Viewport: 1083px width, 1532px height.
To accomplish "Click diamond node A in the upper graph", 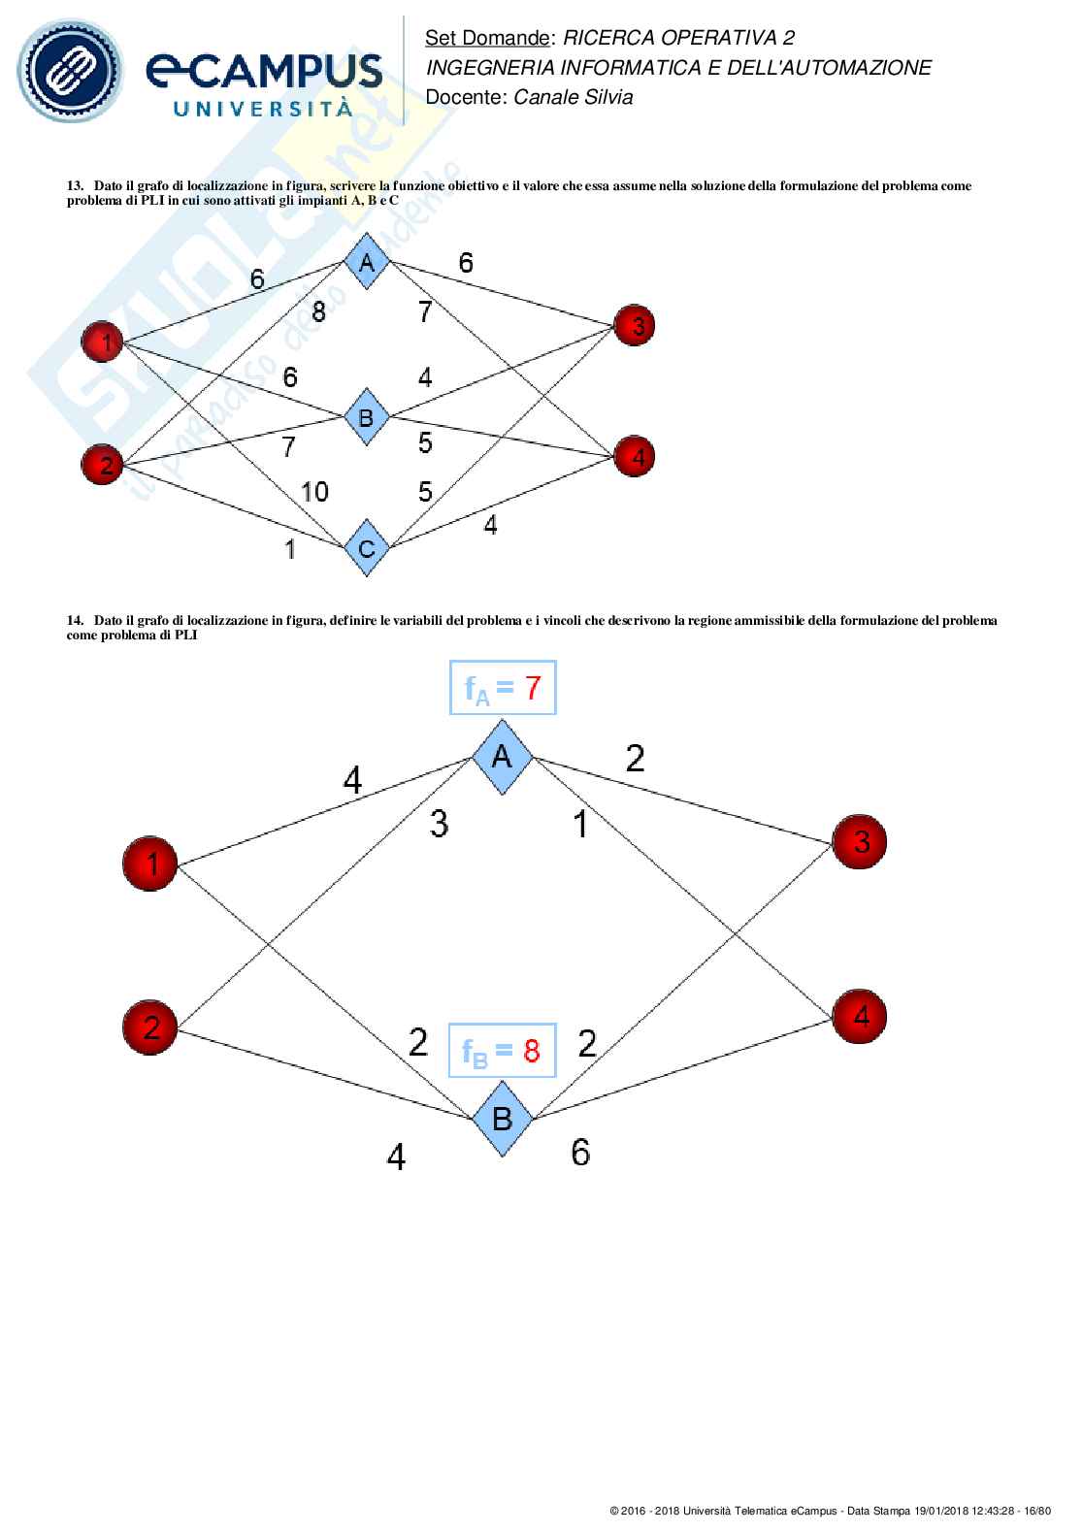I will [x=367, y=261].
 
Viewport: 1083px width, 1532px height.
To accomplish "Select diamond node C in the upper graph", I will [x=367, y=548].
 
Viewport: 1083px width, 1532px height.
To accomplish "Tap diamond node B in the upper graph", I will [x=367, y=417].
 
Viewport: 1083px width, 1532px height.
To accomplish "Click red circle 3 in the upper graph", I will [x=635, y=325].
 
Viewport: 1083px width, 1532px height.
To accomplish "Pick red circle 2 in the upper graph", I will [x=103, y=464].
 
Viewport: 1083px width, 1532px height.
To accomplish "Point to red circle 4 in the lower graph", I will [x=860, y=1016].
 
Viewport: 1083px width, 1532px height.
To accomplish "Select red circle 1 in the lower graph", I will [x=149, y=863].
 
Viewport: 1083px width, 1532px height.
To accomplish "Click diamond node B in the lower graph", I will [x=502, y=1119].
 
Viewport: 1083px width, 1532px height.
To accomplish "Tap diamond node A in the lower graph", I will [x=502, y=757].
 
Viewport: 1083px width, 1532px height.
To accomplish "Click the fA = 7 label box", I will [x=503, y=688].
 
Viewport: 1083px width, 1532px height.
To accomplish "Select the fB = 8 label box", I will [x=502, y=1050].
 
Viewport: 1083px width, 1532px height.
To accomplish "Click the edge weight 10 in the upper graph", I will [x=314, y=492].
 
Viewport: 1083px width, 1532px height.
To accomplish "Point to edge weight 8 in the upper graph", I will [x=318, y=312].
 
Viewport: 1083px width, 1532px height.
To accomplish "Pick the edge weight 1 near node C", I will [x=289, y=549].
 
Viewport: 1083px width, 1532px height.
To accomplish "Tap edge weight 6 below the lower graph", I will [x=580, y=1152].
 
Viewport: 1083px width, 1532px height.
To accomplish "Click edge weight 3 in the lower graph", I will [x=439, y=825].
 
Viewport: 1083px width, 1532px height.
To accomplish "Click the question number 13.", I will [x=74, y=185].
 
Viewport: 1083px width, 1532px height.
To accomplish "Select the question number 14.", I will [x=74, y=620].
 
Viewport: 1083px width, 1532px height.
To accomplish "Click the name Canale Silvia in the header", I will [x=573, y=97].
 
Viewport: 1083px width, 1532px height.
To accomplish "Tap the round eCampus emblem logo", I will [x=76, y=70].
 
